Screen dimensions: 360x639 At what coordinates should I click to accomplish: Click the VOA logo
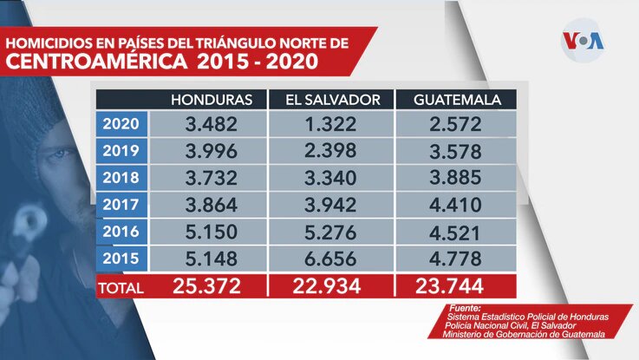pyautogui.click(x=583, y=41)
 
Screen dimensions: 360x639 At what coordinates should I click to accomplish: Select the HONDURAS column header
pyautogui.click(x=212, y=99)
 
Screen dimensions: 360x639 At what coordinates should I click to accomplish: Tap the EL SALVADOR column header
pyautogui.click(x=332, y=99)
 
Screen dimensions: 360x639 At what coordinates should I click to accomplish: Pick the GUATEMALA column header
pyautogui.click(x=457, y=99)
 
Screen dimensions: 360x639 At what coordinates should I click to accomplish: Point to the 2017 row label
pyautogui.click(x=121, y=205)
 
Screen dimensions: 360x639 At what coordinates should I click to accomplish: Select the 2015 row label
pyautogui.click(x=121, y=258)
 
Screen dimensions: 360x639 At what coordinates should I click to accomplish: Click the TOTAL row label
pyautogui.click(x=121, y=285)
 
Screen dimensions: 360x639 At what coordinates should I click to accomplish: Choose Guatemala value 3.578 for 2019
pyautogui.click(x=456, y=150)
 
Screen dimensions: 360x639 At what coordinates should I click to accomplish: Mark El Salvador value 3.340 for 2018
pyautogui.click(x=332, y=177)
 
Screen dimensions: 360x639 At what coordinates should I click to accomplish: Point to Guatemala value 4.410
pyautogui.click(x=456, y=205)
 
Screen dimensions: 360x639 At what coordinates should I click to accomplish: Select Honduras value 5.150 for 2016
pyautogui.click(x=212, y=232)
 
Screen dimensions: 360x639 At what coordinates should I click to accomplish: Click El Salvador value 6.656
pyautogui.click(x=332, y=258)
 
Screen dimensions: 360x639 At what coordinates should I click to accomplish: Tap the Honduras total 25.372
pyautogui.click(x=212, y=285)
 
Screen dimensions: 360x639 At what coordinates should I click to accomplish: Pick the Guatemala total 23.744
pyautogui.click(x=456, y=285)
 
